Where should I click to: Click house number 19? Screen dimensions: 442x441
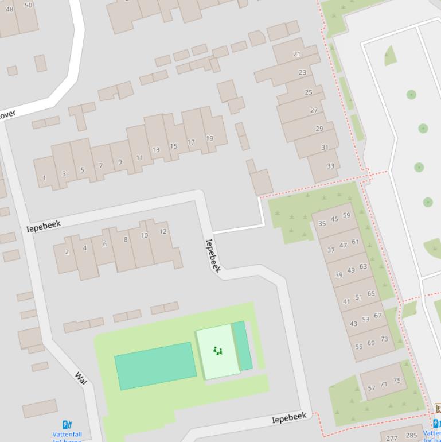click(x=209, y=138)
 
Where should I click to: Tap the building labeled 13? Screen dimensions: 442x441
click(x=156, y=149)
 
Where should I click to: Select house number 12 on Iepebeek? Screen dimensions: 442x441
click(x=163, y=231)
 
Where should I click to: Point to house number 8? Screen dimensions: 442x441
click(x=125, y=239)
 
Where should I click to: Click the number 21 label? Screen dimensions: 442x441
click(x=296, y=54)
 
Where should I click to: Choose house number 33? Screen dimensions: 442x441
click(x=330, y=166)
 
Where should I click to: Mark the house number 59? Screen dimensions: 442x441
click(x=346, y=216)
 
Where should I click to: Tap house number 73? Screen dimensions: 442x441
click(x=384, y=339)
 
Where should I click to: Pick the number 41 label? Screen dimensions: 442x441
click(x=346, y=301)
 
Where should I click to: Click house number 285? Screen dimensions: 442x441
click(x=411, y=435)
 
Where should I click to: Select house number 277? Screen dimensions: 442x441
click(x=392, y=438)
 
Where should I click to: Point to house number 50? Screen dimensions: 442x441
click(x=29, y=5)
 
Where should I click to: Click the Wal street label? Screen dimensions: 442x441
click(x=80, y=378)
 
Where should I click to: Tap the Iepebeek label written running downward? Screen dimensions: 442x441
click(x=213, y=255)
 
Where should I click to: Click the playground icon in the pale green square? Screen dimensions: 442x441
click(x=217, y=351)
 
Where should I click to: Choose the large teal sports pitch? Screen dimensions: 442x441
click(x=155, y=366)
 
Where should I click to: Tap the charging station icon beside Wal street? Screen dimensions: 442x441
click(x=67, y=425)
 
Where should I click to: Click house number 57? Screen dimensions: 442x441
click(x=372, y=388)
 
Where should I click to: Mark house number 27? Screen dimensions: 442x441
click(x=314, y=110)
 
